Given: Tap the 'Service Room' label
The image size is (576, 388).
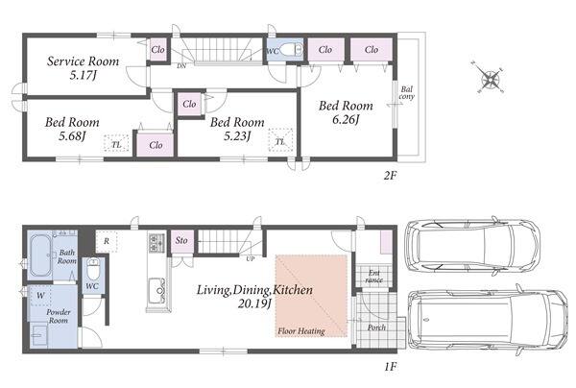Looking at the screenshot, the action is pyautogui.click(x=83, y=61).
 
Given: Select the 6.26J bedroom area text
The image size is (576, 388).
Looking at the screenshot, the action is pyautogui.click(x=346, y=120).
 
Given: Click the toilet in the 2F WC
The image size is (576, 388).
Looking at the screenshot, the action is pyautogui.click(x=293, y=50).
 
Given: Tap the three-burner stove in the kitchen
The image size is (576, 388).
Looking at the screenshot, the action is pyautogui.click(x=154, y=243).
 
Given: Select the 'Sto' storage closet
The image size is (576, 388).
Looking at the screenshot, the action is pyautogui.click(x=181, y=241).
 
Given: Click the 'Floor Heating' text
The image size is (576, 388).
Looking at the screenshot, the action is pyautogui.click(x=301, y=331).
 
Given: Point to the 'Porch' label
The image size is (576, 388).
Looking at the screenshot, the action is pyautogui.click(x=376, y=327).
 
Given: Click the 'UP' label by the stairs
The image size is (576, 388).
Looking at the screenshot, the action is pyautogui.click(x=251, y=259).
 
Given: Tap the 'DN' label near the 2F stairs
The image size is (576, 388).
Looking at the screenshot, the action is pyautogui.click(x=181, y=66).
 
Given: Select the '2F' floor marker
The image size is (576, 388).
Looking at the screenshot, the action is pyautogui.click(x=390, y=175).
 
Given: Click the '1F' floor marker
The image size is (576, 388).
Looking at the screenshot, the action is pyautogui.click(x=391, y=366).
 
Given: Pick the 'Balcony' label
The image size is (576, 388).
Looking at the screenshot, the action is pyautogui.click(x=407, y=93).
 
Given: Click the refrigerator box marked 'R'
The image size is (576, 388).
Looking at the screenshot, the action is pyautogui.click(x=107, y=241).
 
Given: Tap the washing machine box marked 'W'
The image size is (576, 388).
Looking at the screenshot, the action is pyautogui.click(x=40, y=295).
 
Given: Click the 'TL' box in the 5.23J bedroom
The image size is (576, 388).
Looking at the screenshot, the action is pyautogui.click(x=280, y=141).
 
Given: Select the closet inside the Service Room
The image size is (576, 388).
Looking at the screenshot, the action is pyautogui.click(x=158, y=50).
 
